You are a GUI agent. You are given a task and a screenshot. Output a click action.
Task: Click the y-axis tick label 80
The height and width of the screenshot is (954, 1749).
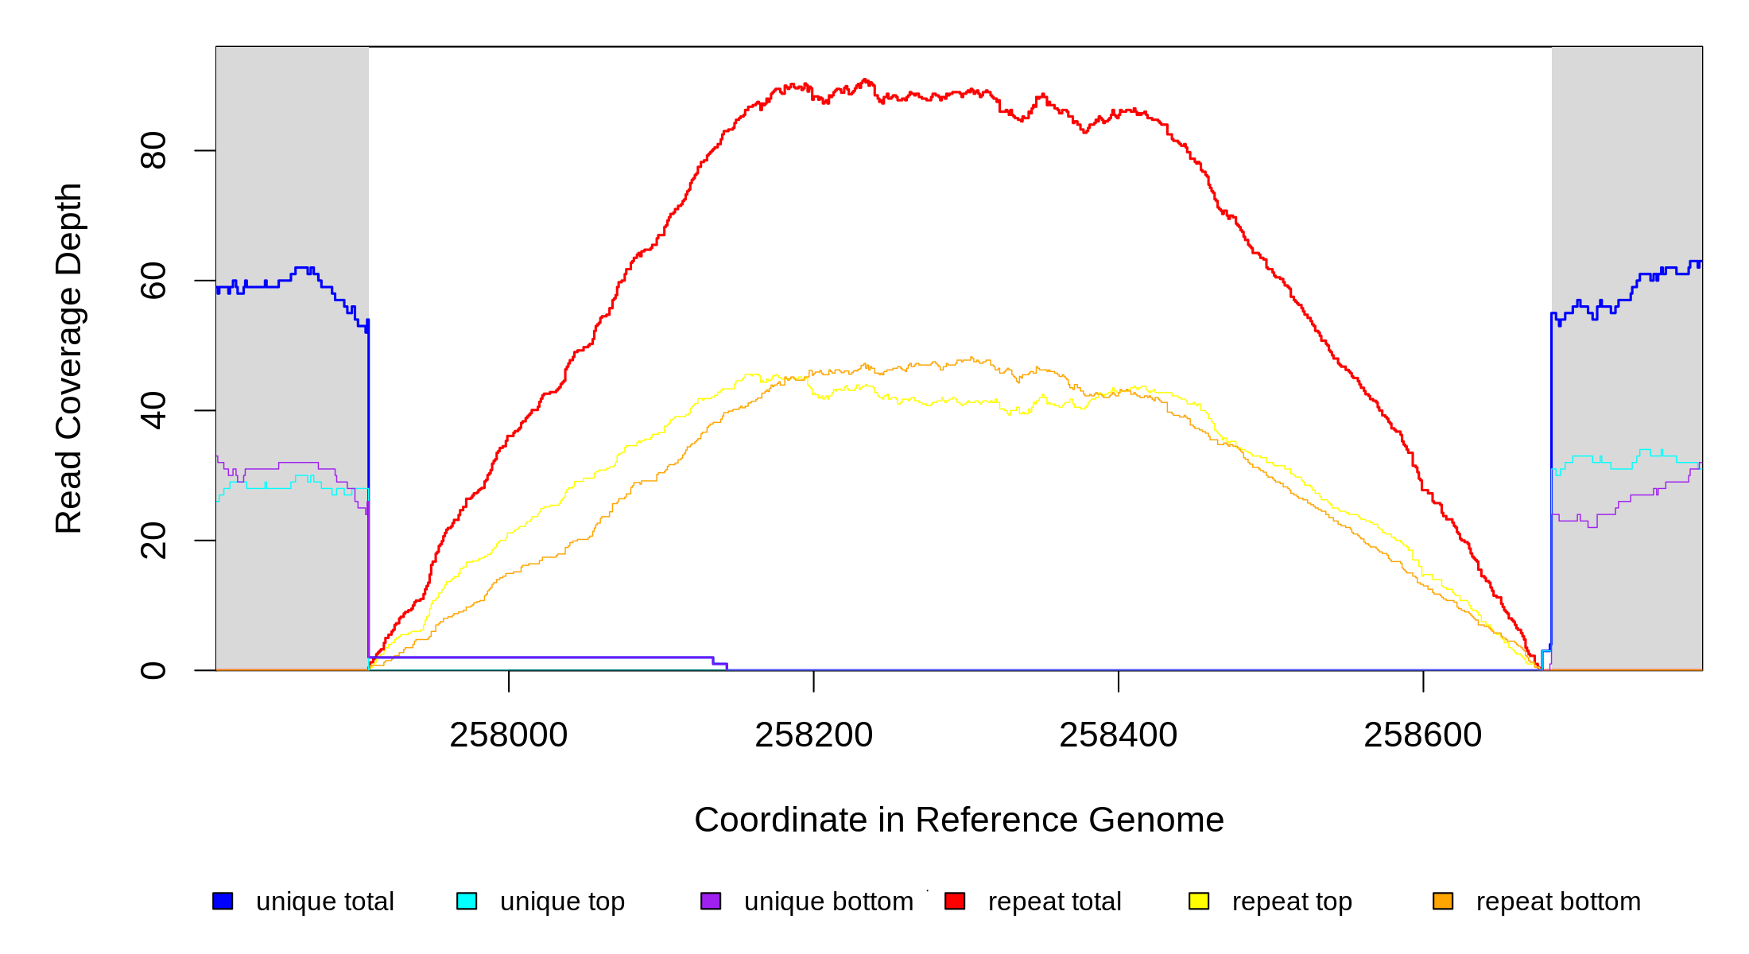point(153,150)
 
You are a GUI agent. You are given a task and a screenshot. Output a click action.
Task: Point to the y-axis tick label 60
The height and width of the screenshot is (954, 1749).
point(153,281)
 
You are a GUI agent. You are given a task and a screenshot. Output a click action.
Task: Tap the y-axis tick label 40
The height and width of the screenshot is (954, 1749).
point(153,410)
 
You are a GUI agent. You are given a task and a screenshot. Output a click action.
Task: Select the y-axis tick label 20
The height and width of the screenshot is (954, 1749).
point(153,541)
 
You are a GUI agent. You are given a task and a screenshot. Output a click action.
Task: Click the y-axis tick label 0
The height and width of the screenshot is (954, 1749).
point(153,670)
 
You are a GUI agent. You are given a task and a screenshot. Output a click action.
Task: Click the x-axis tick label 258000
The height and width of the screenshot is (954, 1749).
point(509,735)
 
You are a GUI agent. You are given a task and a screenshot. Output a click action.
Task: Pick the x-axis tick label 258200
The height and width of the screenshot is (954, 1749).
point(813,735)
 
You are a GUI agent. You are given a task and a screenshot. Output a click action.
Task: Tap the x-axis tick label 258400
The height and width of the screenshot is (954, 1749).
point(1118,735)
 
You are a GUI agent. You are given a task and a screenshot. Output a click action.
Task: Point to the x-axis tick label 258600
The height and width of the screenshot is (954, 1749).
point(1422,735)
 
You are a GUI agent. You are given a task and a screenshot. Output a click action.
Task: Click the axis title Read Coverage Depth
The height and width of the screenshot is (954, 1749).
point(69,358)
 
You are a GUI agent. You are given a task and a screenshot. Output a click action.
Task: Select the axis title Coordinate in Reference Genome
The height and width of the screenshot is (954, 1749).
point(959,820)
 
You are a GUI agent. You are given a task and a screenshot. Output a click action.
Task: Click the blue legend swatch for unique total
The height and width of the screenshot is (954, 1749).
point(223,901)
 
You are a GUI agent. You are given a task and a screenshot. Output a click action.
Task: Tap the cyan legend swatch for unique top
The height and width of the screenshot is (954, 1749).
point(467,901)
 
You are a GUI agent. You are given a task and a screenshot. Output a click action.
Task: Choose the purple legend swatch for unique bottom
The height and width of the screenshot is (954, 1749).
point(711,901)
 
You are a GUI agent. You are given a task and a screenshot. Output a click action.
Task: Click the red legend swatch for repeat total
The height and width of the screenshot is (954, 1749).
point(955,901)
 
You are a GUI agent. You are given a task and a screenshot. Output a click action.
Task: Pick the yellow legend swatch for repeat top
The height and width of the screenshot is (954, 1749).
point(1199,901)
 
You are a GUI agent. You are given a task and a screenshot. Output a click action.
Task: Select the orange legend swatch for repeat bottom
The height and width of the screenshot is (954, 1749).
point(1443,901)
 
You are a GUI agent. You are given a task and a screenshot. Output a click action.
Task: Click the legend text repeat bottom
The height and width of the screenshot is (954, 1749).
point(1558,902)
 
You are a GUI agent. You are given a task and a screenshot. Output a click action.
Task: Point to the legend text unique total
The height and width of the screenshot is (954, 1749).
point(324,902)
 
